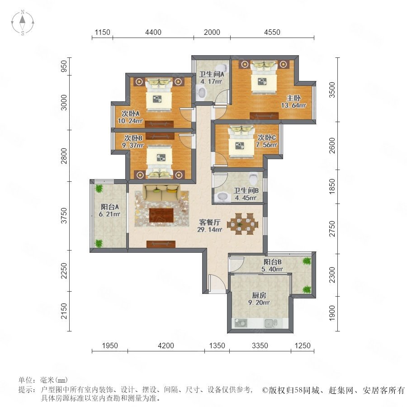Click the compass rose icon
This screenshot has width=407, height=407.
(23, 23)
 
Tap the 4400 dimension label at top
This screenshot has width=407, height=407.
(153, 32)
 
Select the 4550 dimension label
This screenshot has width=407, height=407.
(272, 32)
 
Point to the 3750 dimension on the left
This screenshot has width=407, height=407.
(64, 216)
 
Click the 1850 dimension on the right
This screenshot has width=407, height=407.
(332, 186)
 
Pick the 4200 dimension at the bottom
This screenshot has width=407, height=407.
(166, 345)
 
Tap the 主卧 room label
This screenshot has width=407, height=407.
(293, 98)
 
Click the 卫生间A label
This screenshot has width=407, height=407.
(211, 74)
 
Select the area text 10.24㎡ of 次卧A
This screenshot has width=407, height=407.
(130, 121)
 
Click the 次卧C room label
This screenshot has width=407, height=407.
(266, 137)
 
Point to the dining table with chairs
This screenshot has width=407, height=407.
(243, 224)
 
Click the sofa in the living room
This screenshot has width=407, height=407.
(161, 193)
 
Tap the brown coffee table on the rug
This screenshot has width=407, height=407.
(161, 215)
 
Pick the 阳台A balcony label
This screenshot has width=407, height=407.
(110, 207)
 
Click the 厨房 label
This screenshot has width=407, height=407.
(259, 295)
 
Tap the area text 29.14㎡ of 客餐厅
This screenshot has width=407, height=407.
(210, 229)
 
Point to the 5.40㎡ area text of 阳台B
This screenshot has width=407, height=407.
(272, 270)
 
